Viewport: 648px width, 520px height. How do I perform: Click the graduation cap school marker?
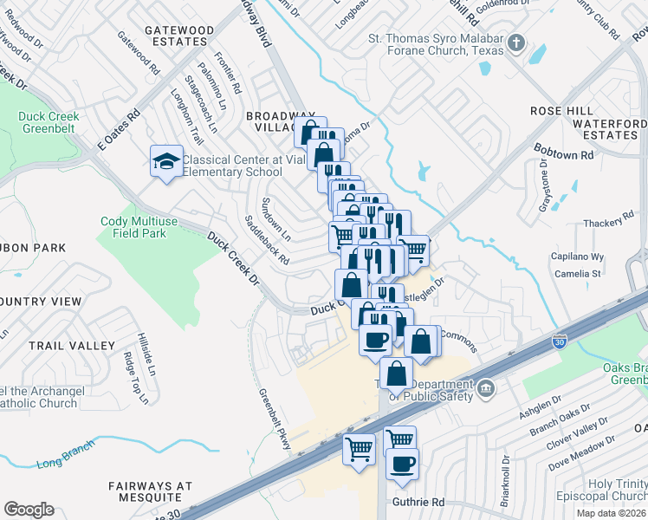[x=165, y=160]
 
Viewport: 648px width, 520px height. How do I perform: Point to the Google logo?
[x=29, y=510]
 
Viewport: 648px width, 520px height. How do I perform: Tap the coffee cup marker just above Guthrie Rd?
[x=403, y=464]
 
